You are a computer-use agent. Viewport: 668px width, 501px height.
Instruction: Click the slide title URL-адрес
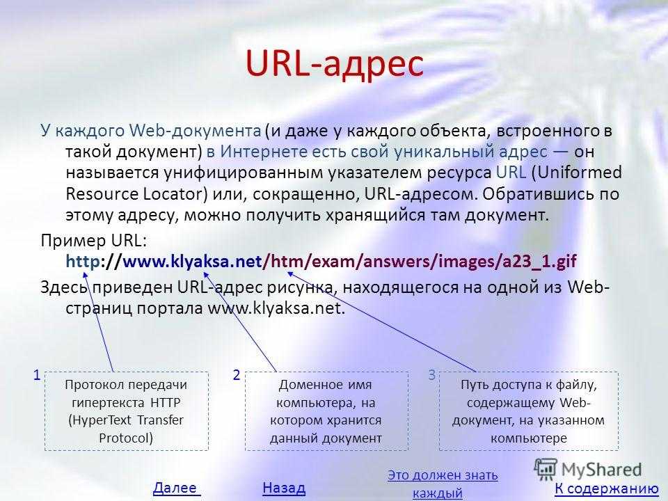(x=335, y=64)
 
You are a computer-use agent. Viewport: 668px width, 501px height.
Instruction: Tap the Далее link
(x=176, y=488)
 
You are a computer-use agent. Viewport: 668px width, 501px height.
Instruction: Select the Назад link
(x=284, y=488)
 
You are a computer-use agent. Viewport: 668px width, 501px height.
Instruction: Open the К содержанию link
(x=607, y=488)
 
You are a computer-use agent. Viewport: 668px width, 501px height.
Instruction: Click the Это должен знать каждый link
(x=443, y=484)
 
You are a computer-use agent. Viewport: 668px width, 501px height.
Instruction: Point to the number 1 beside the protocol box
(x=37, y=375)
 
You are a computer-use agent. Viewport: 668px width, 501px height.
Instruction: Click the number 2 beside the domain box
(x=237, y=375)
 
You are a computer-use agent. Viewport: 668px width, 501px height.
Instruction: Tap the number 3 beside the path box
(x=431, y=375)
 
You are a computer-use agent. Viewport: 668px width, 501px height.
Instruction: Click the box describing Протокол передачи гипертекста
(x=127, y=411)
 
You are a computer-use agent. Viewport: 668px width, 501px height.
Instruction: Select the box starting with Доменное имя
(x=326, y=411)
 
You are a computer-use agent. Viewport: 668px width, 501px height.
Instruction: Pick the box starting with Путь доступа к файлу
(x=528, y=411)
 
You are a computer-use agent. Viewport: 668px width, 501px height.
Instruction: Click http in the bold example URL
(x=83, y=261)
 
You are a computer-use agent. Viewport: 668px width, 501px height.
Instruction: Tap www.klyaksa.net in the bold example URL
(x=192, y=261)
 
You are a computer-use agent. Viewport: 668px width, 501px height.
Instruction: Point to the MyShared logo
(x=588, y=470)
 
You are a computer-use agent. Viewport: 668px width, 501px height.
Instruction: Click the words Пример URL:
(x=94, y=241)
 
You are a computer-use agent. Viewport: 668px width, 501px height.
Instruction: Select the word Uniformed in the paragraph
(x=580, y=173)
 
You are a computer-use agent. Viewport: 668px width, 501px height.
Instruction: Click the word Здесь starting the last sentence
(x=64, y=287)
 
